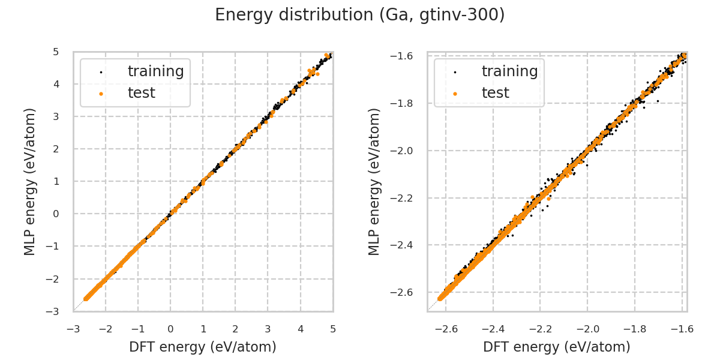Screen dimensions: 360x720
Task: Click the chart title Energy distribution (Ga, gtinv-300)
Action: [x=359, y=15]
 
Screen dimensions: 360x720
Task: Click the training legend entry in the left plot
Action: [x=155, y=71]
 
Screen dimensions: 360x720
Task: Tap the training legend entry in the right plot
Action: [x=509, y=71]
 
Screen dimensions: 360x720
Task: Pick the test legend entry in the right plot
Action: [x=496, y=93]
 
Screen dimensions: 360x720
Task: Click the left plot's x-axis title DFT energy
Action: [x=203, y=347]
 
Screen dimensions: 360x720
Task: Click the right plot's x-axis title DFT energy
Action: [x=557, y=347]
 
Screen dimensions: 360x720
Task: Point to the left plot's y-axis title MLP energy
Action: [x=30, y=181]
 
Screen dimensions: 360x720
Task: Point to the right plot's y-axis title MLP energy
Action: [x=374, y=181]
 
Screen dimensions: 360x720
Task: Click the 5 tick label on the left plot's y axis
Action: [x=56, y=52]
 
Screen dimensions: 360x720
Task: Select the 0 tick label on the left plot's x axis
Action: [x=170, y=329]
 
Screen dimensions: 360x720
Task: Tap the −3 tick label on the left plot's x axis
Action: [x=73, y=329]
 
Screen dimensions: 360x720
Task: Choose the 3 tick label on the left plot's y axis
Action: [x=56, y=116]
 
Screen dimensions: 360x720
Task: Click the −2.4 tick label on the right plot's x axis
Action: [x=492, y=329]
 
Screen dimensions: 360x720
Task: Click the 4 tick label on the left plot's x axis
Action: [x=301, y=329]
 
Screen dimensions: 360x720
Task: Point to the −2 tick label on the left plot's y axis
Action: [x=53, y=279]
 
